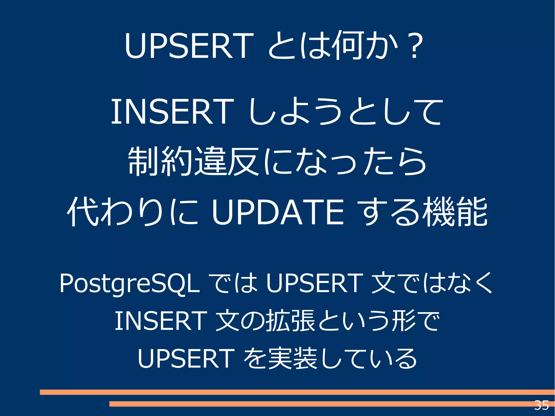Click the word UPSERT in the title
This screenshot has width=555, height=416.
click(x=189, y=46)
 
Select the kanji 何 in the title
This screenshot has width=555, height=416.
click(x=349, y=46)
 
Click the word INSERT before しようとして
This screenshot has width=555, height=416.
click(x=172, y=112)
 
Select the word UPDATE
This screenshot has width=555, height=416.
click(x=278, y=212)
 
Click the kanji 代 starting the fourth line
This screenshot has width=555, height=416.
click(x=82, y=212)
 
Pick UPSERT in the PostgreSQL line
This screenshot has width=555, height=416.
click(x=314, y=283)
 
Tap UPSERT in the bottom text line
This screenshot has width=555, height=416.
click(x=186, y=358)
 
